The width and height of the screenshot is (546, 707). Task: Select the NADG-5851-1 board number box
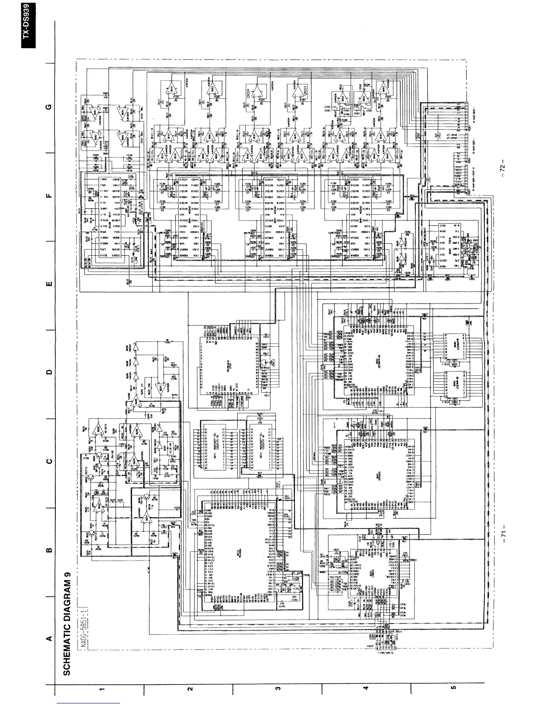pyautogui.click(x=84, y=623)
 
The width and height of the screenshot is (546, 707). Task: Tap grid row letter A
pyautogui.click(x=50, y=639)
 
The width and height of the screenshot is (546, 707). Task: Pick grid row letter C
pyautogui.click(x=50, y=462)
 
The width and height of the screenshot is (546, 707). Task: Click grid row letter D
pyautogui.click(x=50, y=372)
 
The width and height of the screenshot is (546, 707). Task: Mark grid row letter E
pyautogui.click(x=50, y=284)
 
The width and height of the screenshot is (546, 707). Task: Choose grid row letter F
pyautogui.click(x=50, y=195)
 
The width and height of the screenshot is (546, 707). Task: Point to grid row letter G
pyautogui.click(x=50, y=107)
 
